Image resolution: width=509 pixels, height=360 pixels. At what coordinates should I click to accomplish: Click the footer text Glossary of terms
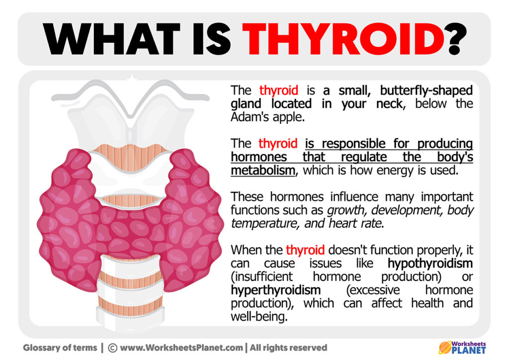click(62, 348)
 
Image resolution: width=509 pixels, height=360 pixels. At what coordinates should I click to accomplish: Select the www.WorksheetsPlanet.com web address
click(182, 348)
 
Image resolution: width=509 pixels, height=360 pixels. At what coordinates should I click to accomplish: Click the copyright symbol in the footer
click(112, 348)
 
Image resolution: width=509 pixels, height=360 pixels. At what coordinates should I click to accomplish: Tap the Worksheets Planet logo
click(462, 347)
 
